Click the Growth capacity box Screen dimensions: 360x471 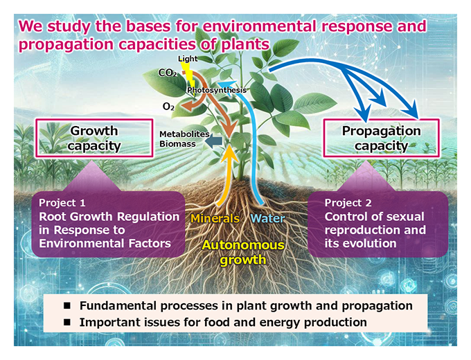94,138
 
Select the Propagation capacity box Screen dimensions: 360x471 381,138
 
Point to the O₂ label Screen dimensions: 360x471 168,107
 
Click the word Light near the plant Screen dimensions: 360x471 188,59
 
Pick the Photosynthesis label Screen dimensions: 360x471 217,90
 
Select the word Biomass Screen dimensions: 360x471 177,144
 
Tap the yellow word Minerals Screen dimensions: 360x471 215,219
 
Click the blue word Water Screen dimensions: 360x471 267,219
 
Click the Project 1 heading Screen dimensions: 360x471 62,203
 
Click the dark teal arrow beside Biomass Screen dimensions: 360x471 215,141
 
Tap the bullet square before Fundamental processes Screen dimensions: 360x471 68,306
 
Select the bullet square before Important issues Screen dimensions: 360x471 68,323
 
